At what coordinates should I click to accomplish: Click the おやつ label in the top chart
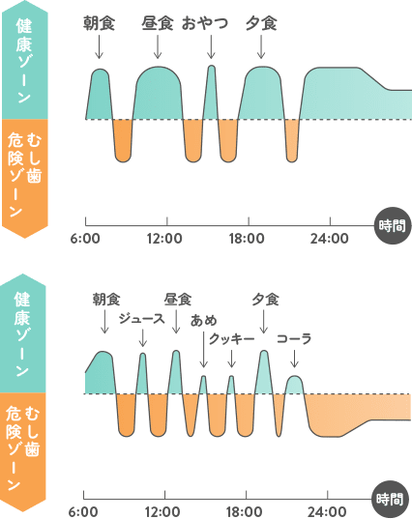(x=205, y=24)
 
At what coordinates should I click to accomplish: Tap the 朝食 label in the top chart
(x=99, y=24)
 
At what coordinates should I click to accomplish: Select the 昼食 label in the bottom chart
(x=178, y=300)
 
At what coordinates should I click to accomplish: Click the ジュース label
(x=141, y=318)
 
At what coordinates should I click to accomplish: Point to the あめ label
(x=204, y=321)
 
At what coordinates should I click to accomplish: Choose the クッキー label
(x=231, y=338)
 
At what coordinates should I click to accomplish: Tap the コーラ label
(x=294, y=338)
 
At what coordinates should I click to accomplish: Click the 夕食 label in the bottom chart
(x=265, y=300)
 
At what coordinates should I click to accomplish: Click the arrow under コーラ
(x=294, y=359)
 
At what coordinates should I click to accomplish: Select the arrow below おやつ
(x=211, y=46)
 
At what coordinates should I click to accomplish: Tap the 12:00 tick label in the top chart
(x=164, y=239)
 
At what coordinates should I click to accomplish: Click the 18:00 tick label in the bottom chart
(x=244, y=511)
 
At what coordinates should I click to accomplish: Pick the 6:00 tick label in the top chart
(x=85, y=239)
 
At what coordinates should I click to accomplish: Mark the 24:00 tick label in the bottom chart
(x=327, y=511)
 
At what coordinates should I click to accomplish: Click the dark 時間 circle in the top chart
(x=393, y=226)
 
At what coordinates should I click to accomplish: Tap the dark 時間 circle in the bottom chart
(x=391, y=499)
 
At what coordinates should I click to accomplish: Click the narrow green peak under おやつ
(x=211, y=93)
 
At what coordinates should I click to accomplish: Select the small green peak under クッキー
(x=231, y=385)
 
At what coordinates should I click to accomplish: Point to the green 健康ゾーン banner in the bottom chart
(x=24, y=333)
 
